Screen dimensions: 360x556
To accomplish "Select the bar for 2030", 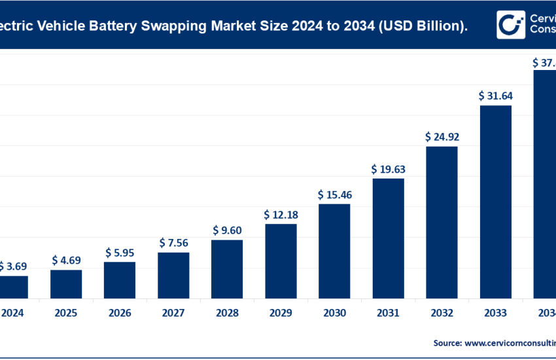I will (x=334, y=251).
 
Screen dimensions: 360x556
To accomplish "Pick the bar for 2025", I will (x=66, y=284).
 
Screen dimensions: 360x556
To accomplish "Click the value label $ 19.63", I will (x=388, y=170).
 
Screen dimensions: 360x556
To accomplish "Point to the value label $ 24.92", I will (x=442, y=137).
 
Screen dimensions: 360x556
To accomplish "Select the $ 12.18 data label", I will (x=281, y=215).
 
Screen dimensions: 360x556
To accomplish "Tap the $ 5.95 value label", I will (x=120, y=253).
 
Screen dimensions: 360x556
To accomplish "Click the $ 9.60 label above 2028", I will (x=227, y=230).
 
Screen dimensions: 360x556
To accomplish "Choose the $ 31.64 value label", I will (x=495, y=96).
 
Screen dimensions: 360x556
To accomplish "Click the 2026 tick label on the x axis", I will (x=120, y=313).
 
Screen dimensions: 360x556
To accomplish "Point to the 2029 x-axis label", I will (x=281, y=313).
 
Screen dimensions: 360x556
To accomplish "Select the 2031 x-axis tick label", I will (x=388, y=313).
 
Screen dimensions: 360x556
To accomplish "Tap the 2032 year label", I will (x=442, y=313).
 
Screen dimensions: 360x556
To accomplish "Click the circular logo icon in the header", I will (x=510, y=24).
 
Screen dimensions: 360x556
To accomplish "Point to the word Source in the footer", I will (x=447, y=342).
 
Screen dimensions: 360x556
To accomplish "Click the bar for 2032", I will (x=442, y=222).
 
